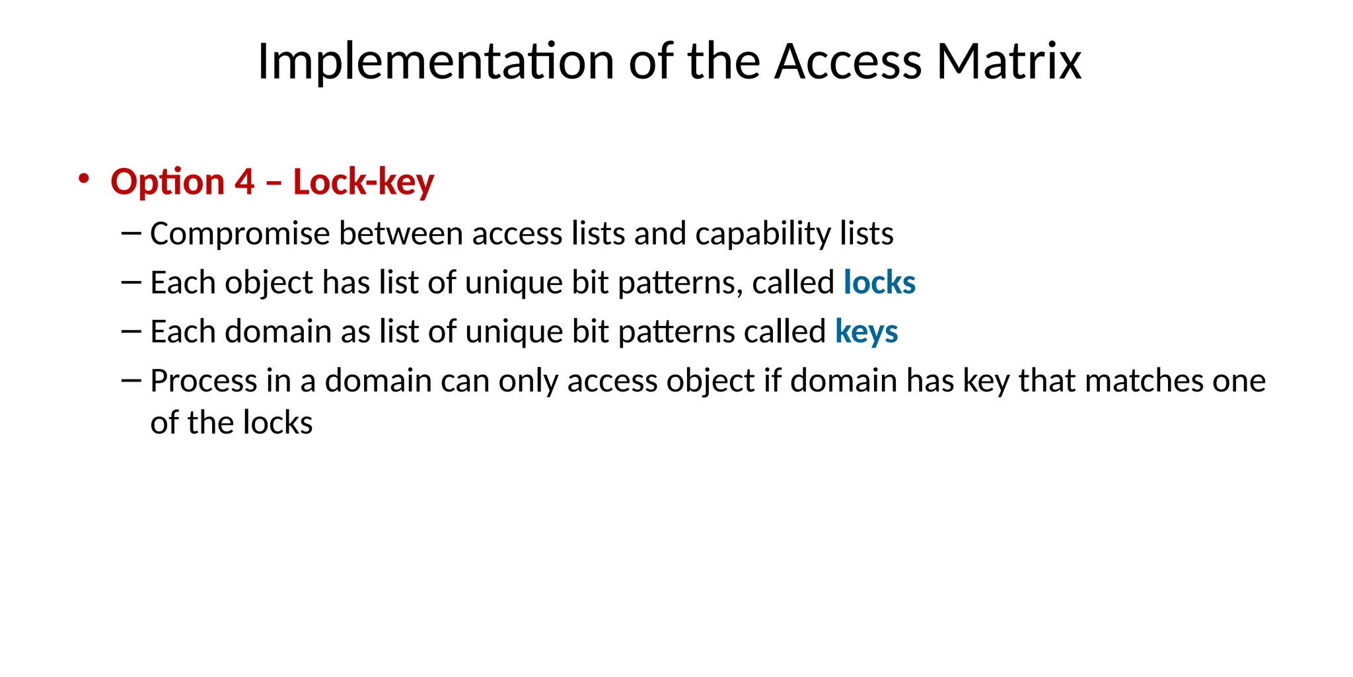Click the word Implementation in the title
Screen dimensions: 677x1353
(435, 61)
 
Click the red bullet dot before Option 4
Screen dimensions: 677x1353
(83, 179)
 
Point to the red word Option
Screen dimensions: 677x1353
(167, 182)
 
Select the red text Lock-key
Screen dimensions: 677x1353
(363, 182)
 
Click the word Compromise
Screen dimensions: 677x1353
(240, 233)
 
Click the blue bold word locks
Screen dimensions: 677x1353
(879, 282)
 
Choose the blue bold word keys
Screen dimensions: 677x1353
(866, 331)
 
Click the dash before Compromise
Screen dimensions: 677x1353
(131, 233)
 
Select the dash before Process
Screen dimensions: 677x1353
(131, 380)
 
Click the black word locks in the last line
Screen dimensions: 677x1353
(277, 422)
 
